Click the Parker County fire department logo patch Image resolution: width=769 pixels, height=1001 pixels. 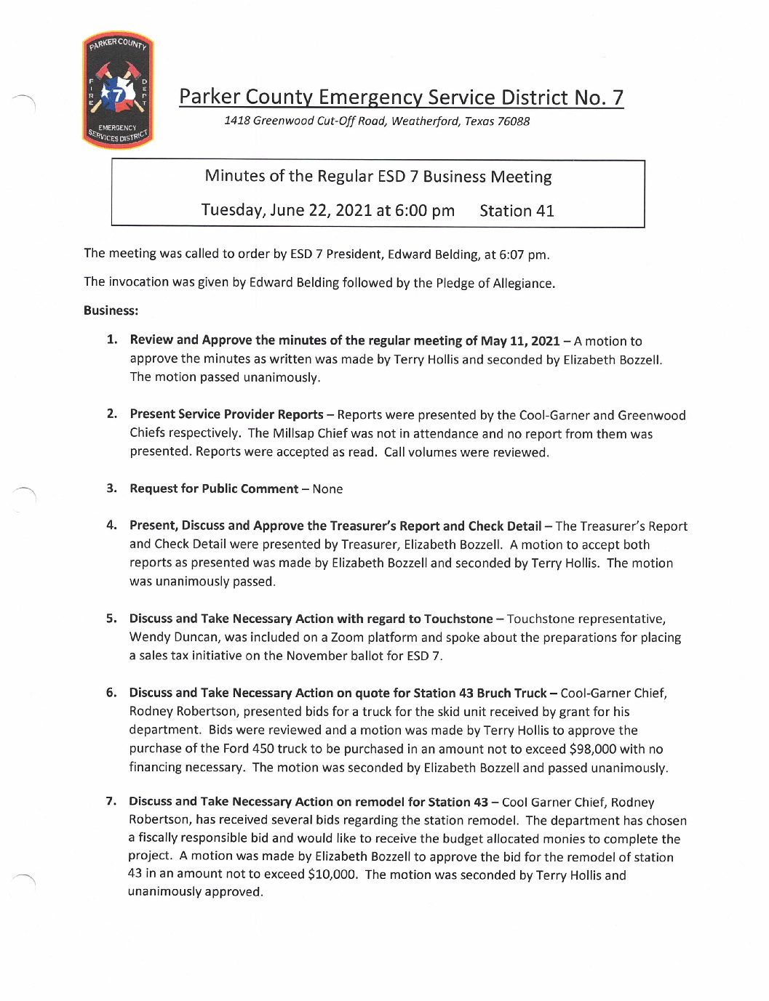tap(118, 90)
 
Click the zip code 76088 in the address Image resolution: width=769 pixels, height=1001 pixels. tap(513, 121)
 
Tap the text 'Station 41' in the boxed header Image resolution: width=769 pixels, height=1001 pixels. tap(517, 211)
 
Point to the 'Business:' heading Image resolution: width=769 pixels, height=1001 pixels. tap(111, 310)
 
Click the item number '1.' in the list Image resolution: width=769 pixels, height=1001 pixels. tap(112, 339)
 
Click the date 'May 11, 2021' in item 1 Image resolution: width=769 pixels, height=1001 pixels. tap(521, 341)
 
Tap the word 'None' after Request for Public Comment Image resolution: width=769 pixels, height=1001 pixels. tap(327, 489)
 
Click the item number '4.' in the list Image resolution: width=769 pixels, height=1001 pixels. tap(111, 525)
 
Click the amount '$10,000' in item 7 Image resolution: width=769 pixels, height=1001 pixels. tap(332, 875)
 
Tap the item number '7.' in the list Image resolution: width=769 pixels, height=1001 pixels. tap(111, 801)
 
